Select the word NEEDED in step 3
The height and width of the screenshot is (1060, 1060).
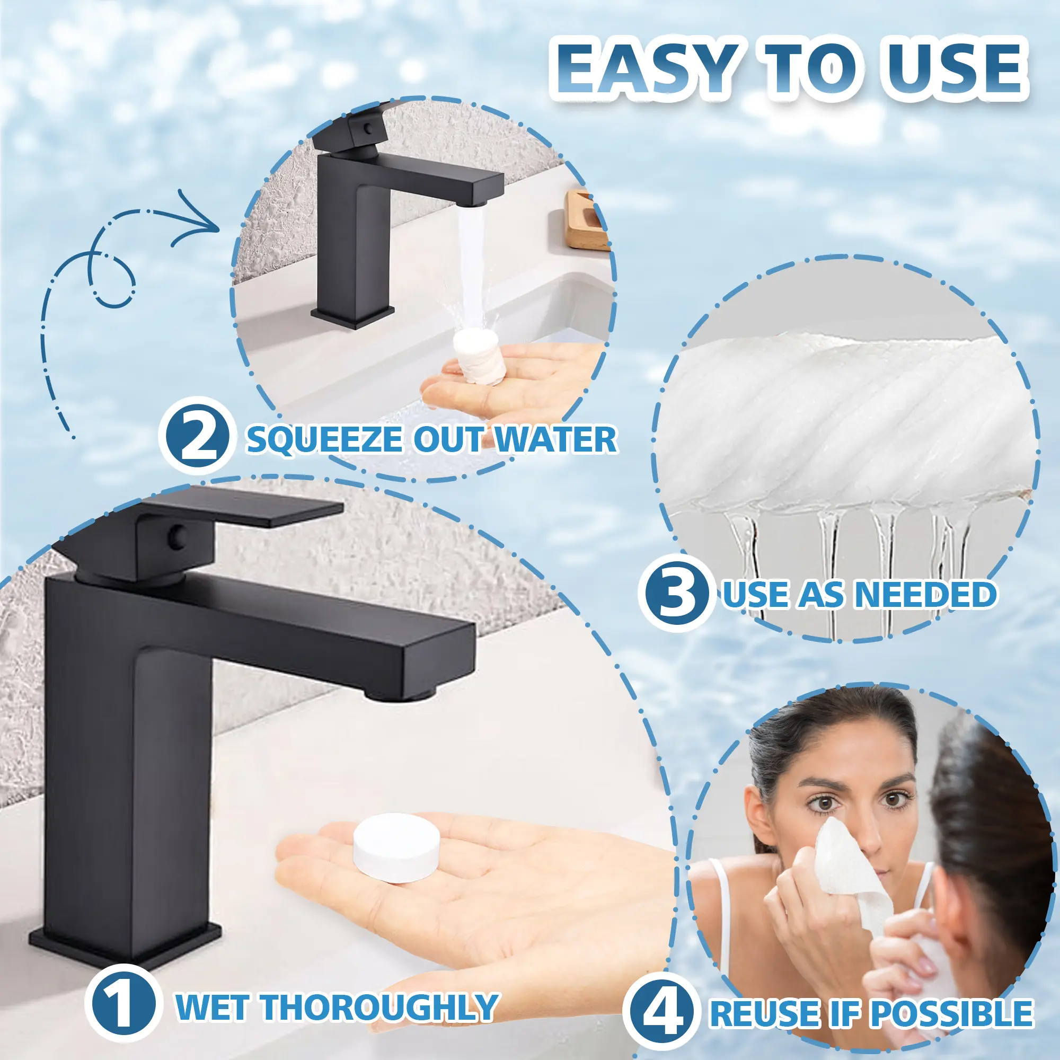click(x=925, y=594)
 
